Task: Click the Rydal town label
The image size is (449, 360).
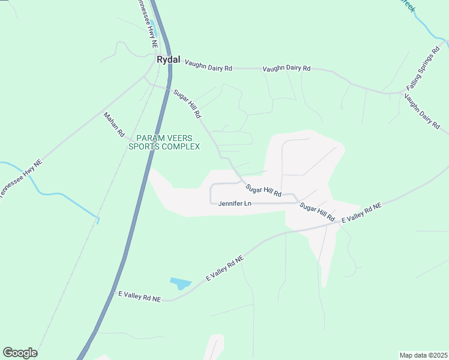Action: click(168, 59)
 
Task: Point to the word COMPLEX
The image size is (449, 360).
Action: click(182, 146)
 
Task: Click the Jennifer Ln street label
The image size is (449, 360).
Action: click(234, 204)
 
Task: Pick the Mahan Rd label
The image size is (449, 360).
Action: click(113, 124)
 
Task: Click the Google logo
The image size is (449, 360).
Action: click(20, 353)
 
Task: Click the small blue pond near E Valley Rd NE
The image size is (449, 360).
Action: click(180, 283)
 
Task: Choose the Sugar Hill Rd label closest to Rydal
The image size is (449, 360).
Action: click(187, 103)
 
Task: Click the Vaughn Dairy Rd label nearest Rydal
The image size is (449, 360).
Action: click(208, 65)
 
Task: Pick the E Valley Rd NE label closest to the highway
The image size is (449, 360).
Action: click(140, 296)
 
